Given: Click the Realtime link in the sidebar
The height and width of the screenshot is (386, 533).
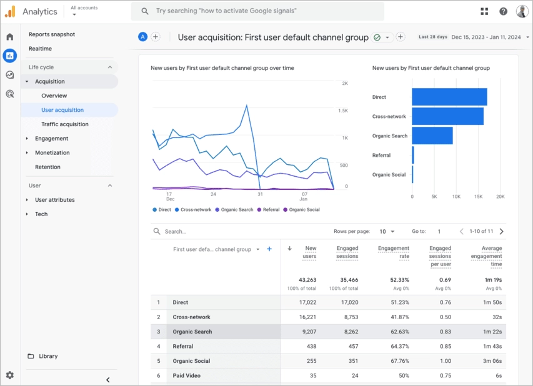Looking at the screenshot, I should pos(40,49).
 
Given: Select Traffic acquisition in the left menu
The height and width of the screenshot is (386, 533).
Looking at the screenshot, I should pos(65,124).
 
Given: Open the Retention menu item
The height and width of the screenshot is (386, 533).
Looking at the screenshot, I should pos(47,167).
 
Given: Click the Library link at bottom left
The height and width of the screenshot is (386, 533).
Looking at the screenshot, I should pos(47,356).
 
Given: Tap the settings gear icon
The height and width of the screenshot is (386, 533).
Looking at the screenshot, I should pos(9,375).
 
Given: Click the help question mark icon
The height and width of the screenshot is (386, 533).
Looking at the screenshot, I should pos(503,11).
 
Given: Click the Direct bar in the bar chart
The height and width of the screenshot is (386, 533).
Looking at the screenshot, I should pos(449,97).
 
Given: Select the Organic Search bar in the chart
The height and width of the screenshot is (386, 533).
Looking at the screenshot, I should pos(432,136).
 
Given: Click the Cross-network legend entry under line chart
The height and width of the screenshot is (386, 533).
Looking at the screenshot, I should pos(196,210).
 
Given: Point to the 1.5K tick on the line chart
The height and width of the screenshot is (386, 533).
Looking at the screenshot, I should pos(343,111).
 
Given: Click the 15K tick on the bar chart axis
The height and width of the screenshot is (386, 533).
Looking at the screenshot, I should pos(478,196).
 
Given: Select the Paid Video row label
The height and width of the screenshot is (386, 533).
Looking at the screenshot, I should pos(187,375).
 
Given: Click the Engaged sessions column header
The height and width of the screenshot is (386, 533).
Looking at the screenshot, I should pos(347,252).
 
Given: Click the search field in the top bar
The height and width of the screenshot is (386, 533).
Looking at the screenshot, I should pos(262,11).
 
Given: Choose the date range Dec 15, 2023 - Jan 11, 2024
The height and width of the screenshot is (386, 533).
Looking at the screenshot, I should pos(486,37).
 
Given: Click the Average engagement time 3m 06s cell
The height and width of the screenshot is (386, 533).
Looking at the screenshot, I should pos(491,361).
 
